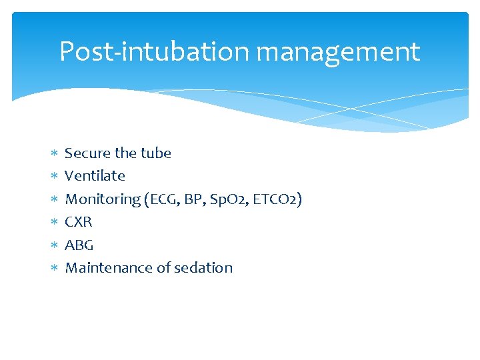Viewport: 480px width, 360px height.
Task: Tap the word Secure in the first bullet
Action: [x=87, y=153]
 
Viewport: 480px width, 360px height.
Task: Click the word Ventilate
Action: [x=95, y=176]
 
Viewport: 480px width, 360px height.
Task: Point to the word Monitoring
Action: [x=102, y=199]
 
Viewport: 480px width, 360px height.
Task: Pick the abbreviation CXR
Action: [x=79, y=222]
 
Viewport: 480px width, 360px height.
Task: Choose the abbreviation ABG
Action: [x=79, y=245]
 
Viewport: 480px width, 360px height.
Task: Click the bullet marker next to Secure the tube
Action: [x=55, y=154]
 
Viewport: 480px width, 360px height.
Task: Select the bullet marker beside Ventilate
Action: [x=55, y=177]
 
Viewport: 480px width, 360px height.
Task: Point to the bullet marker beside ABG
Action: [x=55, y=245]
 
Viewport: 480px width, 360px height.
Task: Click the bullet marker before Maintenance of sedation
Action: [x=55, y=269]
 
